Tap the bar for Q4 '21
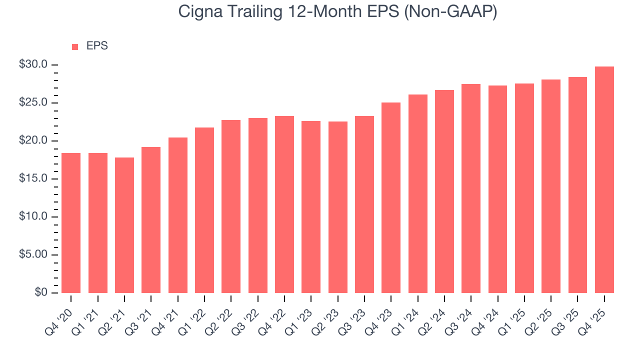tap(178, 215)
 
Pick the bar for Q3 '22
tap(258, 205)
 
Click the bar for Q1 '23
tap(311, 207)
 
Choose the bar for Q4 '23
tap(391, 197)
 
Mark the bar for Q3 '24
tap(471, 188)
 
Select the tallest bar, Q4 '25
tap(604, 179)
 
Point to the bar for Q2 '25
tap(551, 186)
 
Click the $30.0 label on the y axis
tap(33, 65)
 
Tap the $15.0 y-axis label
tap(33, 179)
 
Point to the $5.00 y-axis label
tap(33, 255)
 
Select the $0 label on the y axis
tap(41, 293)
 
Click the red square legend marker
tap(75, 46)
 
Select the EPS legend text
tap(97, 46)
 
